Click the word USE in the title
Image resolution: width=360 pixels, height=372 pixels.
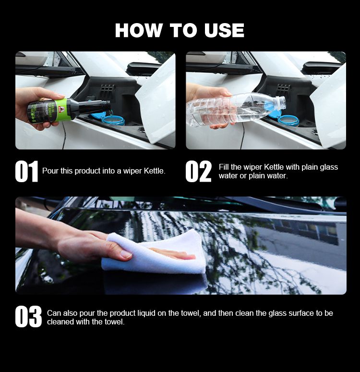click(x=224, y=30)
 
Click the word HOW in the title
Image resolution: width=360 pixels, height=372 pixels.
click(x=138, y=30)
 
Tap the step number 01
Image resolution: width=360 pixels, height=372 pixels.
click(x=26, y=171)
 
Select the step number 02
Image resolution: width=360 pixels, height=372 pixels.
click(x=198, y=171)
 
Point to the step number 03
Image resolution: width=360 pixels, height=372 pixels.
click(x=28, y=317)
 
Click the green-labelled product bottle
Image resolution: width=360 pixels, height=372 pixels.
click(x=69, y=110)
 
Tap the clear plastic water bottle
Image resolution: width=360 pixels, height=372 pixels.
click(x=236, y=109)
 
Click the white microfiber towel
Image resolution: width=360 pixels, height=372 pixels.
click(x=154, y=253)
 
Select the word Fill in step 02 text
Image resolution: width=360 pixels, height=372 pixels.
click(x=224, y=167)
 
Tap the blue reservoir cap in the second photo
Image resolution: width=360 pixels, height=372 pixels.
click(x=288, y=120)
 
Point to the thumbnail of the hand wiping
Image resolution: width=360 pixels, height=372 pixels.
click(x=181, y=246)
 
